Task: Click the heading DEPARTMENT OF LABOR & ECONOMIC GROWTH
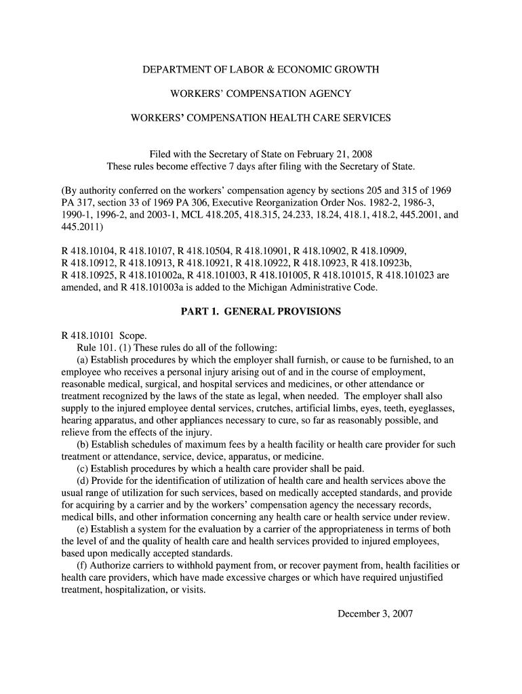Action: [260, 70]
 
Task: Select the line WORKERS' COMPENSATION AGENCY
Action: [260, 94]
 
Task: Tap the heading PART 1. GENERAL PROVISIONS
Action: [260, 312]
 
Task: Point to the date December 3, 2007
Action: [375, 614]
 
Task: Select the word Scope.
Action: [133, 335]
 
